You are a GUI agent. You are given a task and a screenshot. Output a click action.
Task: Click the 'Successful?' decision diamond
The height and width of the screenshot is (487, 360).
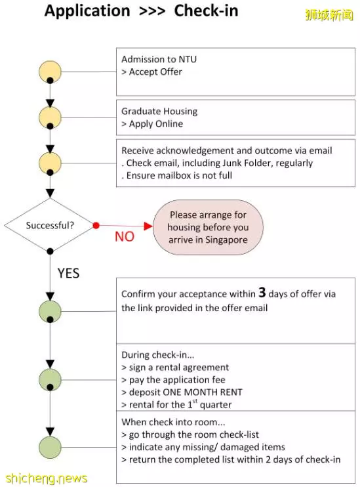tap(50, 225)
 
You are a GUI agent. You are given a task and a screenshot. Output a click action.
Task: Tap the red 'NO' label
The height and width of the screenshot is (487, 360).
tap(125, 237)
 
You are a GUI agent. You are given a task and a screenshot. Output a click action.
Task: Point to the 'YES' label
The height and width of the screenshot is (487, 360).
tap(68, 273)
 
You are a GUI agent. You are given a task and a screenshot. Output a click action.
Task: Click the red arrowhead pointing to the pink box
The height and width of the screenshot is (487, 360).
tap(148, 226)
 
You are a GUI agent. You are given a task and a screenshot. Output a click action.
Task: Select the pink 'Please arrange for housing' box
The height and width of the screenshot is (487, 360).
tap(208, 227)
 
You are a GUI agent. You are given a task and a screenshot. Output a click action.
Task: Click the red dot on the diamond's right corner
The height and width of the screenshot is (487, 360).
tap(96, 226)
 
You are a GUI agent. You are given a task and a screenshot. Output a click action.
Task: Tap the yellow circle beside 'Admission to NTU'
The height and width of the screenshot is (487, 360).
tap(50, 72)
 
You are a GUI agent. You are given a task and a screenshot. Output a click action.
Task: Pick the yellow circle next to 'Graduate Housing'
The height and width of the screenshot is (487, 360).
tap(50, 117)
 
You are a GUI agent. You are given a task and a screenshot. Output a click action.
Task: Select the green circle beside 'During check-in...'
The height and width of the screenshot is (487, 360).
tap(50, 379)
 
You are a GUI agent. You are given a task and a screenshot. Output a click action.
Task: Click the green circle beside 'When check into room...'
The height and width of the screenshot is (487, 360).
tap(50, 447)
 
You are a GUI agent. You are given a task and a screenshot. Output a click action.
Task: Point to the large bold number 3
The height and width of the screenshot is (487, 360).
tap(262, 292)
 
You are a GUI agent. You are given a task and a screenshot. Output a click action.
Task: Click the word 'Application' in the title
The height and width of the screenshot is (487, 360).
tap(87, 11)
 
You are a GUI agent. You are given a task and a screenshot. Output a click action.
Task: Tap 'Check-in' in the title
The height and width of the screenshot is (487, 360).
tap(206, 11)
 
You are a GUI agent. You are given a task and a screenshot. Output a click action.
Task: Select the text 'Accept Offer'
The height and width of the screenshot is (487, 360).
tap(155, 72)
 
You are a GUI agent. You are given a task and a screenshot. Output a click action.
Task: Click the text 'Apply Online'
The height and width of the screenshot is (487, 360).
tap(156, 123)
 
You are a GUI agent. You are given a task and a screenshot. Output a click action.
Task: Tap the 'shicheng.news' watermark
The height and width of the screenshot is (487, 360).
tap(47, 478)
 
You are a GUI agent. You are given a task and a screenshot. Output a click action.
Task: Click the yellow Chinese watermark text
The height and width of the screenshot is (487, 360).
tap(329, 14)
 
